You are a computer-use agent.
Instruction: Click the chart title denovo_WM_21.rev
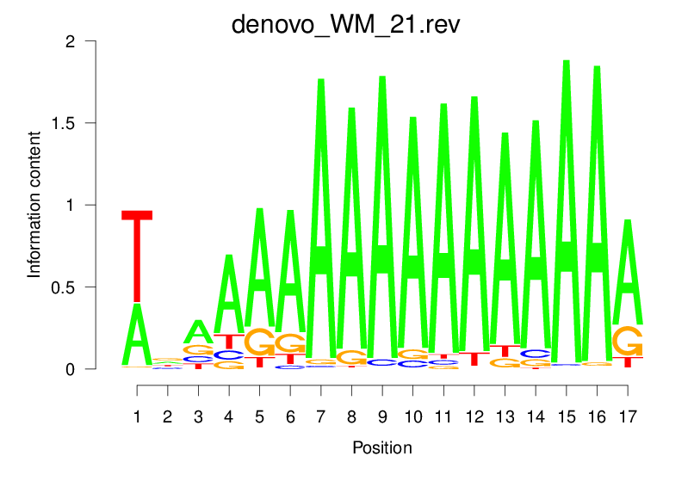(x=346, y=23)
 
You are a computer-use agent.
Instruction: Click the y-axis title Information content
(x=34, y=206)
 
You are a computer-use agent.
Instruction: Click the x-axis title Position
(x=381, y=448)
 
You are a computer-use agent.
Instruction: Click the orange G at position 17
(x=628, y=340)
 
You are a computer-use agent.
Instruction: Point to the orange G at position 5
(x=260, y=342)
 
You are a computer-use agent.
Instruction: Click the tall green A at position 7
(x=321, y=224)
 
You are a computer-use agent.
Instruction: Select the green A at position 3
(x=199, y=331)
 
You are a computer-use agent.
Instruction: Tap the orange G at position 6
(x=290, y=342)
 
